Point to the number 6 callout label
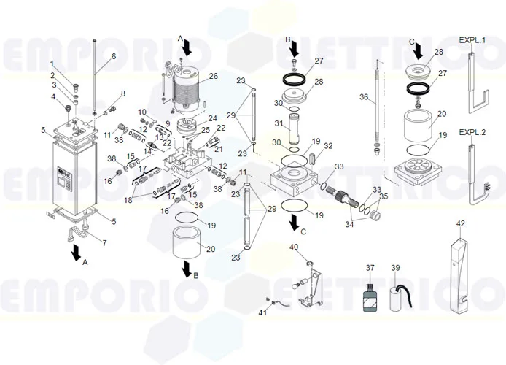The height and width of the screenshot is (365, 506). coord(113,56)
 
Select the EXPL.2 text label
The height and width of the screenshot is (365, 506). coord(472,133)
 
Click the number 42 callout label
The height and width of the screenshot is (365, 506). coord(460,223)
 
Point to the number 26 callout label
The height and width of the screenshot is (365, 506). coord(213,75)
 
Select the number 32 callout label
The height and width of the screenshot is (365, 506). coord(328,146)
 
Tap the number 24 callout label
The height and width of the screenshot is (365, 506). coord(212,118)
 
